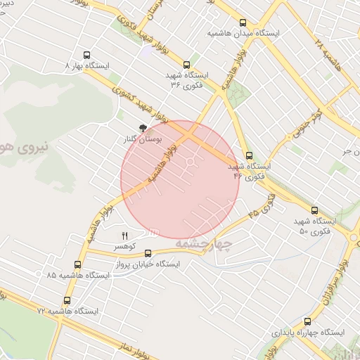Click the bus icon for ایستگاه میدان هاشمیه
pos(243,22)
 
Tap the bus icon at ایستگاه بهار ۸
pos(87,54)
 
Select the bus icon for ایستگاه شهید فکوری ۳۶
pos(186,64)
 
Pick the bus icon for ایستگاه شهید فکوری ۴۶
pos(249,156)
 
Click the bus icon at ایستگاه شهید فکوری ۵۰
pos(314,210)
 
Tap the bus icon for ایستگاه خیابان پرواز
pos(148,253)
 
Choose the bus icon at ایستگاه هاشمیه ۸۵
pos(77,265)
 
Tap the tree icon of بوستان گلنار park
pos(143,128)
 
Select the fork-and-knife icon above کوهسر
pos(125,236)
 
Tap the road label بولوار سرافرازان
pos(336,274)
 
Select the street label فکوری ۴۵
pos(263,205)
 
